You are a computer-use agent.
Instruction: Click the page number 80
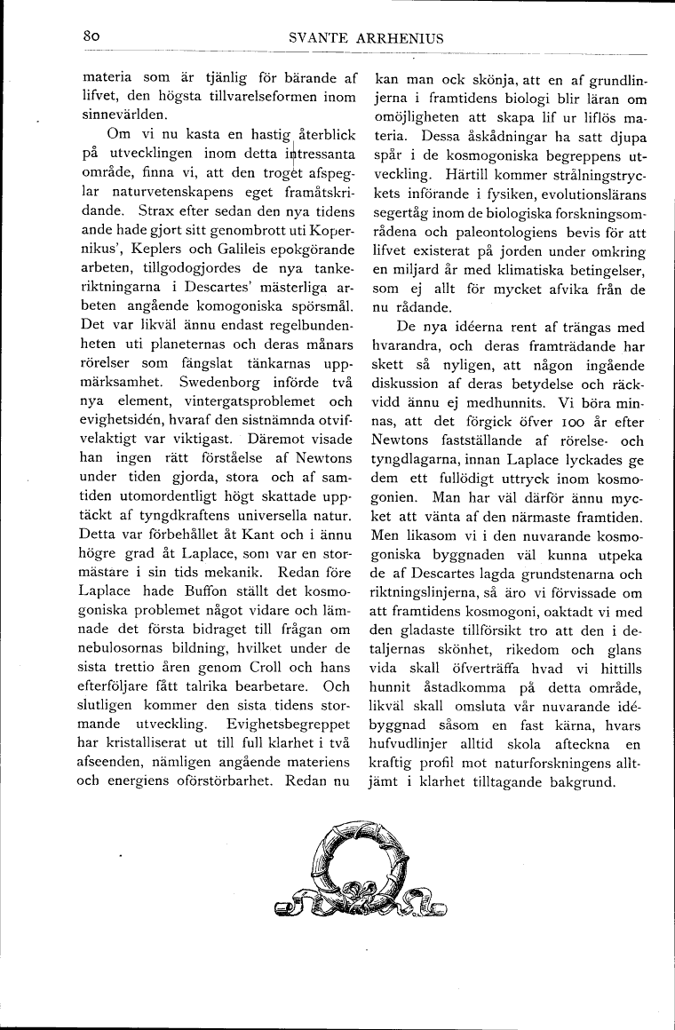(91, 37)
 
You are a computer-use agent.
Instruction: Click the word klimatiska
(542, 269)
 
